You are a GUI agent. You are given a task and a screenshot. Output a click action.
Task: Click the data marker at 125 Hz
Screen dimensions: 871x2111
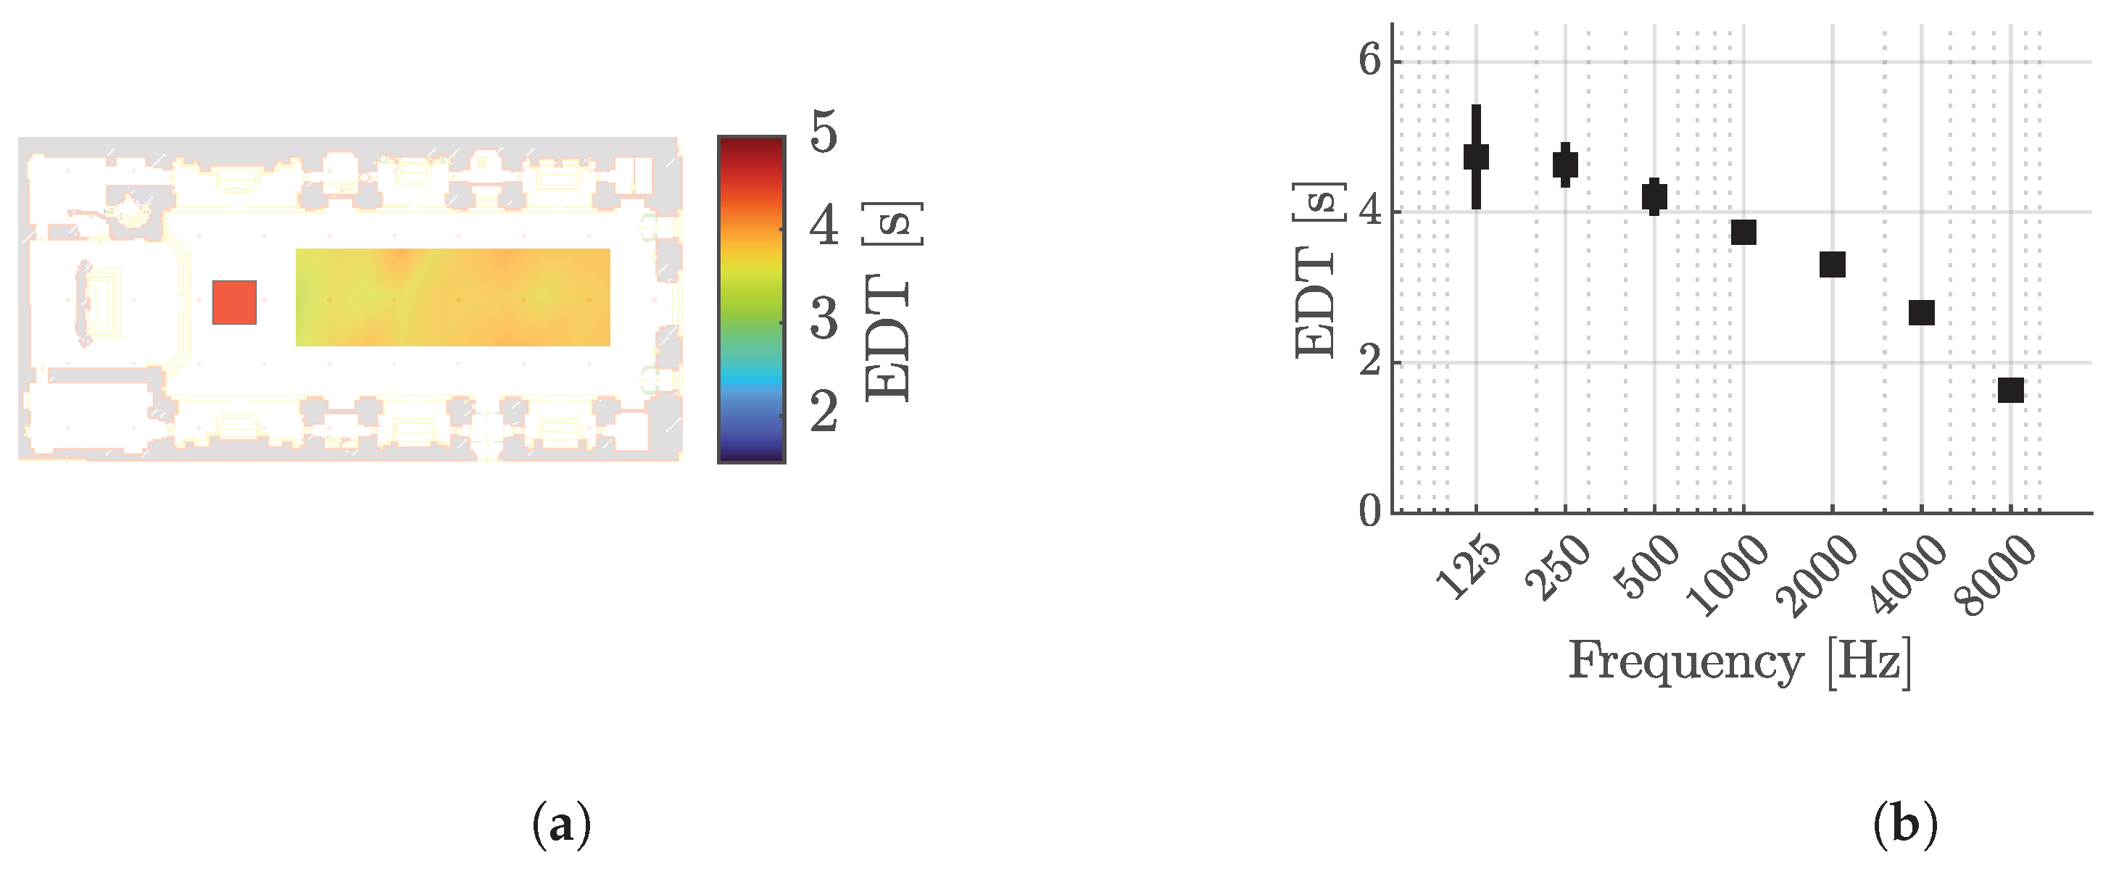tap(1476, 157)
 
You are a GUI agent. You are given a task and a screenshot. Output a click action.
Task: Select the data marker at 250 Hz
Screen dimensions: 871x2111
tap(1565, 164)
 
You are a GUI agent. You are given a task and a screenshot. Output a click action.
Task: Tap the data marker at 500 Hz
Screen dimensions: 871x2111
tap(1654, 196)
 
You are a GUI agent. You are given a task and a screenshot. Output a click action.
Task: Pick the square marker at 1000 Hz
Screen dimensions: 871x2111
tap(1743, 233)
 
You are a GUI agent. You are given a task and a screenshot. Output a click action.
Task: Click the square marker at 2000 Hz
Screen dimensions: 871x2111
tap(1833, 264)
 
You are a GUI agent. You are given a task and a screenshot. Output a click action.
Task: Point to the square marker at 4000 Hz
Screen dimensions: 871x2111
tap(1922, 312)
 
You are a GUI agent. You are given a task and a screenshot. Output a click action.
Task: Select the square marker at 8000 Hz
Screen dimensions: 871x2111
tap(2010, 390)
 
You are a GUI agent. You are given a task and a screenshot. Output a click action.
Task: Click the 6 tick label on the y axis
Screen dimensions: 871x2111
tap(1369, 60)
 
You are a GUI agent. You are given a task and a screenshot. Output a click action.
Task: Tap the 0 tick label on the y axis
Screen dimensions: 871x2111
tap(1369, 512)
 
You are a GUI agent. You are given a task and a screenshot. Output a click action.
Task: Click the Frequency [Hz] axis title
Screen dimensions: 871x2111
tap(1739, 660)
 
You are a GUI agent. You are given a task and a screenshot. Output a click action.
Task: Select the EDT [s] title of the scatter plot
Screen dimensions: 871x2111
tap(1318, 270)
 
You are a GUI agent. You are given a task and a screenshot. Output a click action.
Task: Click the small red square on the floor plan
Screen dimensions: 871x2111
tap(234, 302)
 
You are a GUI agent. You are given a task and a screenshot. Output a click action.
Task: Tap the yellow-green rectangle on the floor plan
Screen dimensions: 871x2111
tap(452, 296)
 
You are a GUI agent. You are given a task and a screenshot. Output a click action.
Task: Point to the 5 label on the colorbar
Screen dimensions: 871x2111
tap(824, 133)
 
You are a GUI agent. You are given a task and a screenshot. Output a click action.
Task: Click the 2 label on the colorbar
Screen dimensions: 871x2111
tap(824, 412)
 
